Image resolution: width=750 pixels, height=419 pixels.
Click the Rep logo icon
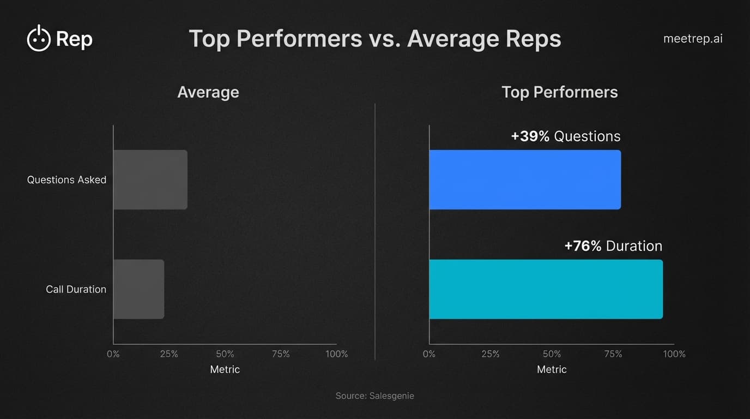click(x=39, y=39)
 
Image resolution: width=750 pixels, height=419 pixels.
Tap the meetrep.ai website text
click(x=693, y=39)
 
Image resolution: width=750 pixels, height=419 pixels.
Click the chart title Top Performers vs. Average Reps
click(x=374, y=39)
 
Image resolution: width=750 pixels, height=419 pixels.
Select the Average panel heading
click(x=208, y=92)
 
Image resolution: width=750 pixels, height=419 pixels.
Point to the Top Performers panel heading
click(x=559, y=92)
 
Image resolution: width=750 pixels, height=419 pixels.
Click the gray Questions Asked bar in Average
click(x=150, y=179)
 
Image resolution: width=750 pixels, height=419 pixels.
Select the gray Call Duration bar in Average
click(x=139, y=289)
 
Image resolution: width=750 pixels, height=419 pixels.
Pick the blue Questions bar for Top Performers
click(x=525, y=179)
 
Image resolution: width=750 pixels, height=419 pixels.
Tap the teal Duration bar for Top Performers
click(x=546, y=289)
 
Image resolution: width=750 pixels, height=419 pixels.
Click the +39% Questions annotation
click(x=566, y=136)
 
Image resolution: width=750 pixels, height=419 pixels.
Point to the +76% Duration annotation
click(x=613, y=246)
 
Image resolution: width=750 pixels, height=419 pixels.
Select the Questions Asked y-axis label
click(x=66, y=179)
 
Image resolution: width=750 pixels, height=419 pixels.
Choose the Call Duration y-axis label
click(x=76, y=289)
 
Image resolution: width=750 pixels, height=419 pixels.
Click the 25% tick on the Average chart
click(x=169, y=354)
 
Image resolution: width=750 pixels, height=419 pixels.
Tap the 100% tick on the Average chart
click(x=336, y=354)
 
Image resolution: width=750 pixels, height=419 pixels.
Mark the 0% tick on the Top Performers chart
click(x=429, y=354)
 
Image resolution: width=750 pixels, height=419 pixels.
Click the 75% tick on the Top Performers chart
click(x=613, y=354)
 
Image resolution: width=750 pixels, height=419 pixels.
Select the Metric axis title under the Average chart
click(x=225, y=369)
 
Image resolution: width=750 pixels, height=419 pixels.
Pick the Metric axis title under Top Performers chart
click(x=552, y=369)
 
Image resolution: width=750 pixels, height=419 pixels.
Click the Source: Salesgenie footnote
click(x=374, y=396)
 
